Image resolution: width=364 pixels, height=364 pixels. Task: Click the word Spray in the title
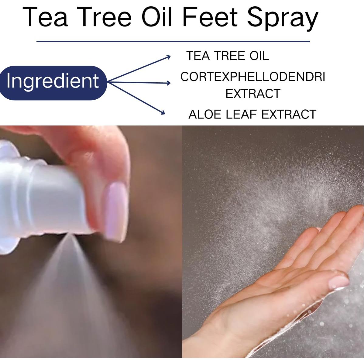[283, 18]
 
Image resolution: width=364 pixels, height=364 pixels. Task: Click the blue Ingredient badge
[53, 81]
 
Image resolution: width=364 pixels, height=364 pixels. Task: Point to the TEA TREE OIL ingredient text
[227, 56]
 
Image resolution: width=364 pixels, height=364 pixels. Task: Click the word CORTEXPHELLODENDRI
[252, 77]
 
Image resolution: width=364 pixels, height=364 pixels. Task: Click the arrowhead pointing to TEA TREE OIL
[168, 57]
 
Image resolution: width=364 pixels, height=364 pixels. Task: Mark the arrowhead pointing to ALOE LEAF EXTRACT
[162, 113]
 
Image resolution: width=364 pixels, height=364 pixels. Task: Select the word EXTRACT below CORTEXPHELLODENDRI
[252, 94]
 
